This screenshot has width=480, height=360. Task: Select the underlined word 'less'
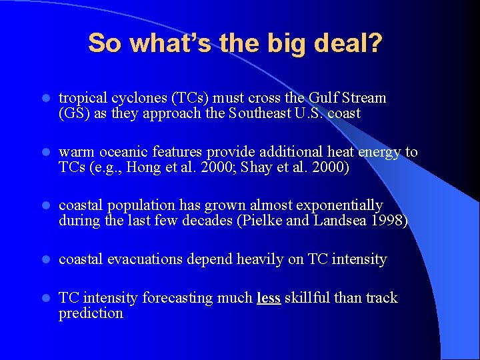pos(268,298)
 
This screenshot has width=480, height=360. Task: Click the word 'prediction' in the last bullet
pos(91,313)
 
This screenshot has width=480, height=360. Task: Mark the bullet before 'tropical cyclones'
pos(44,99)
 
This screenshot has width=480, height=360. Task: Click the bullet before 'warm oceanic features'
pos(44,153)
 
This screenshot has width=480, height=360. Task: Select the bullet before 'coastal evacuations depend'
pos(44,260)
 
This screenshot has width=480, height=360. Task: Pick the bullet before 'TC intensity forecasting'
pos(44,299)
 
